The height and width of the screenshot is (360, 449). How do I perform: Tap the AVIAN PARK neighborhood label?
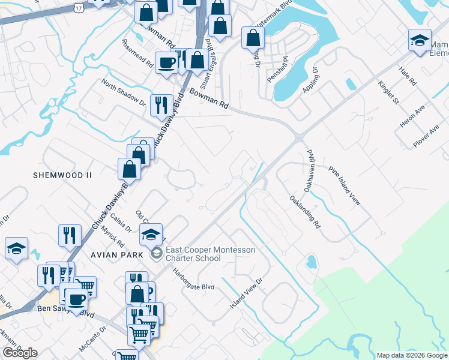tap(118, 254)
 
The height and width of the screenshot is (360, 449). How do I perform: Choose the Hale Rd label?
tap(408, 76)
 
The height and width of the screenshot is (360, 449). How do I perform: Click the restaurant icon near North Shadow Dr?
tap(161, 106)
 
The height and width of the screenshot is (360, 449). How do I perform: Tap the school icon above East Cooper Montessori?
tap(151, 234)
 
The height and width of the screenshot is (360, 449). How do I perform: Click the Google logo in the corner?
tap(20, 352)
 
